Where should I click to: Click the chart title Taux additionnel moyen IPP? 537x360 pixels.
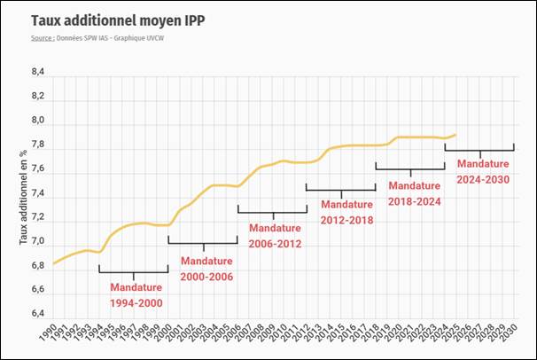[x=113, y=20]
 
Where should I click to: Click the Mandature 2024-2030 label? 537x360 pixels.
[x=483, y=171]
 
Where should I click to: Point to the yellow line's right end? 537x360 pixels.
[x=455, y=135]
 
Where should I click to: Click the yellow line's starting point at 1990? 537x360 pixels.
[x=54, y=263]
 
